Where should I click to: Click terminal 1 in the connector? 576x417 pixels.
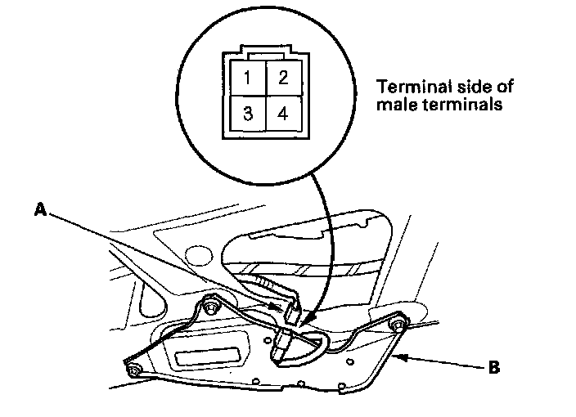[x=246, y=78]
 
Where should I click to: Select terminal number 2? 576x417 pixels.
[x=282, y=78]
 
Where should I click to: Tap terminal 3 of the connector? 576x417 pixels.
[x=246, y=113]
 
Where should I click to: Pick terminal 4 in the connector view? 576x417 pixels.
[x=282, y=113]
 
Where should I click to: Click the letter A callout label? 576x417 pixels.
[x=38, y=210]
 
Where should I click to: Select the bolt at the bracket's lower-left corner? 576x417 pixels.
[x=134, y=373]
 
